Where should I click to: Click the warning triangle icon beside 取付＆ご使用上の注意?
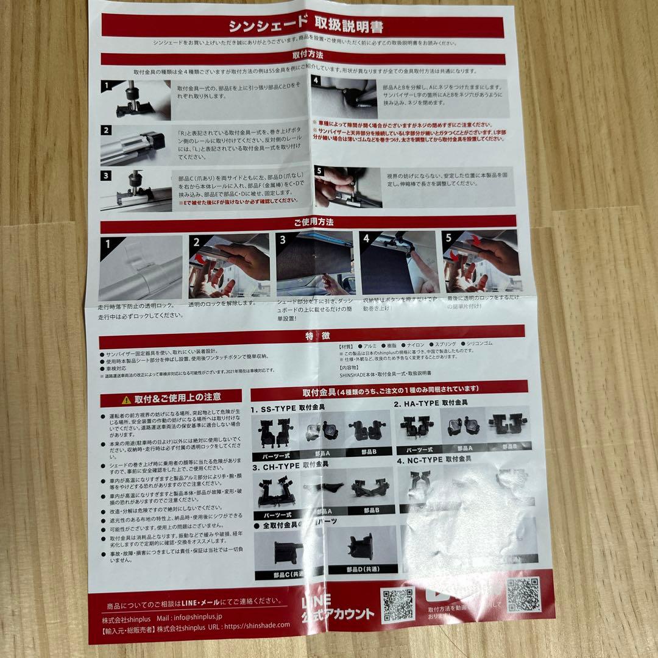coord(126,399)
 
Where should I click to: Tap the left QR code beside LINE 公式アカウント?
coord(398,604)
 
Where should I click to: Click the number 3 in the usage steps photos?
coord(283,240)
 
